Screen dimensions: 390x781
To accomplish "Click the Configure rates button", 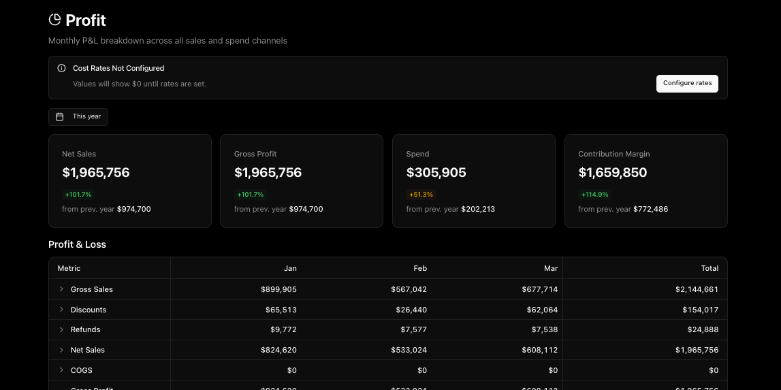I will (687, 83).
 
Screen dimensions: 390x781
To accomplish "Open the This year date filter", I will (78, 116).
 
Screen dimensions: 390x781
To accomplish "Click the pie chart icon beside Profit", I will (54, 20).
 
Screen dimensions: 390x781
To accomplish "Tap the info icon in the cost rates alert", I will (61, 68).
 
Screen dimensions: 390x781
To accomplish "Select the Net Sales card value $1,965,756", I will (96, 173).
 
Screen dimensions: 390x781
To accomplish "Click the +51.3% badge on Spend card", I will (421, 195).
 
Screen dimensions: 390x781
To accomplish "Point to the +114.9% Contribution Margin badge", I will (594, 195).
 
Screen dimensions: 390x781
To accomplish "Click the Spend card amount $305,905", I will (436, 173).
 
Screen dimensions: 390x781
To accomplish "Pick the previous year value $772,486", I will (650, 209).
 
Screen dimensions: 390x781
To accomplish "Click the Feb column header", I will (420, 268).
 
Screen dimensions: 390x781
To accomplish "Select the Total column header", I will (709, 268).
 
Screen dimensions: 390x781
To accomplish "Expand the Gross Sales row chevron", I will (61, 289).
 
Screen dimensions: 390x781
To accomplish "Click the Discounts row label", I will (89, 310).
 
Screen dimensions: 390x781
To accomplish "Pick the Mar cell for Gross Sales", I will (541, 289).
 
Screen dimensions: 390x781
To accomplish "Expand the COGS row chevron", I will (61, 370).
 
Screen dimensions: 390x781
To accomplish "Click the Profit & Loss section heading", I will (77, 244).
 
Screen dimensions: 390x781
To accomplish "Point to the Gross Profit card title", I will (255, 154).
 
